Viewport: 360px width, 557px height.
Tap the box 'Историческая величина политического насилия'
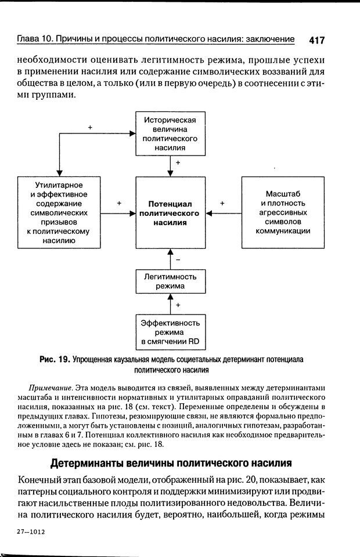click(x=170, y=134)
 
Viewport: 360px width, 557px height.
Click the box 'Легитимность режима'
click(x=170, y=282)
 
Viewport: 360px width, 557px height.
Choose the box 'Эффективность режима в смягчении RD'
click(x=170, y=331)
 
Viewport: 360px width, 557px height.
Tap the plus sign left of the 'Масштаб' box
click(x=222, y=204)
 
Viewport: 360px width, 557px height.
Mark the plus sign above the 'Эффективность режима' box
click(x=178, y=305)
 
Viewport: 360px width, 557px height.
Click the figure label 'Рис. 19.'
click(x=54, y=359)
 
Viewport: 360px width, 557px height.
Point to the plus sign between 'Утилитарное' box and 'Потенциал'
click(x=118, y=204)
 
